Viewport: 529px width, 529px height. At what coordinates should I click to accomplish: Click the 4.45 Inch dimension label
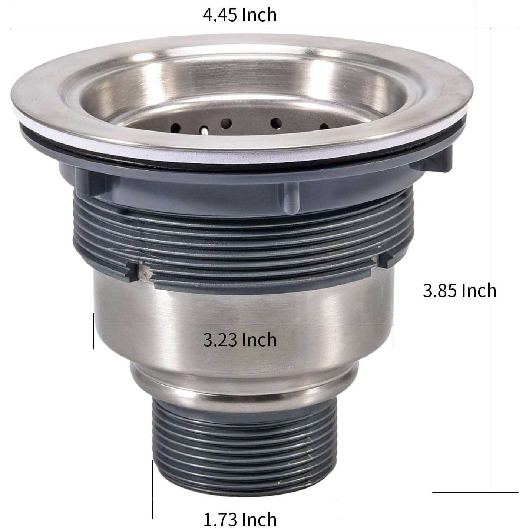coord(239,15)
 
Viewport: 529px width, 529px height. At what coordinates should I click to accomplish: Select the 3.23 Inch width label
coord(240,340)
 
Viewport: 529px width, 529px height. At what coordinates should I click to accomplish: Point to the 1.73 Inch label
coord(240,519)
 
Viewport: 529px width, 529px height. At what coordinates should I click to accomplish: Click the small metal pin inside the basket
coord(204,130)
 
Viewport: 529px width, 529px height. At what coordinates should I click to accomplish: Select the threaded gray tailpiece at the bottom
coord(245,430)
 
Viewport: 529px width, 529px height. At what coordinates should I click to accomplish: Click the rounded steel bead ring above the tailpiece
coord(245,382)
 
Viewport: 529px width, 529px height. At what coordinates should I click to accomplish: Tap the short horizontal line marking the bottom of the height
coord(475,492)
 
